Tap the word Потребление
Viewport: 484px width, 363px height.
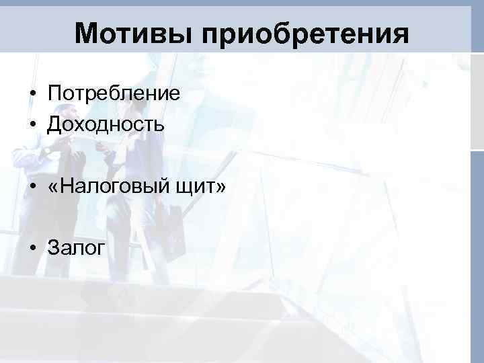click(x=114, y=93)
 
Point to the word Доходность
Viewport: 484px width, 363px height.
click(x=106, y=124)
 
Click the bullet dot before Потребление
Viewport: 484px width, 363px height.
click(x=32, y=93)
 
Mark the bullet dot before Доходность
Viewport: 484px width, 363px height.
click(x=32, y=124)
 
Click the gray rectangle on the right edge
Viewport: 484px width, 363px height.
click(x=477, y=101)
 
